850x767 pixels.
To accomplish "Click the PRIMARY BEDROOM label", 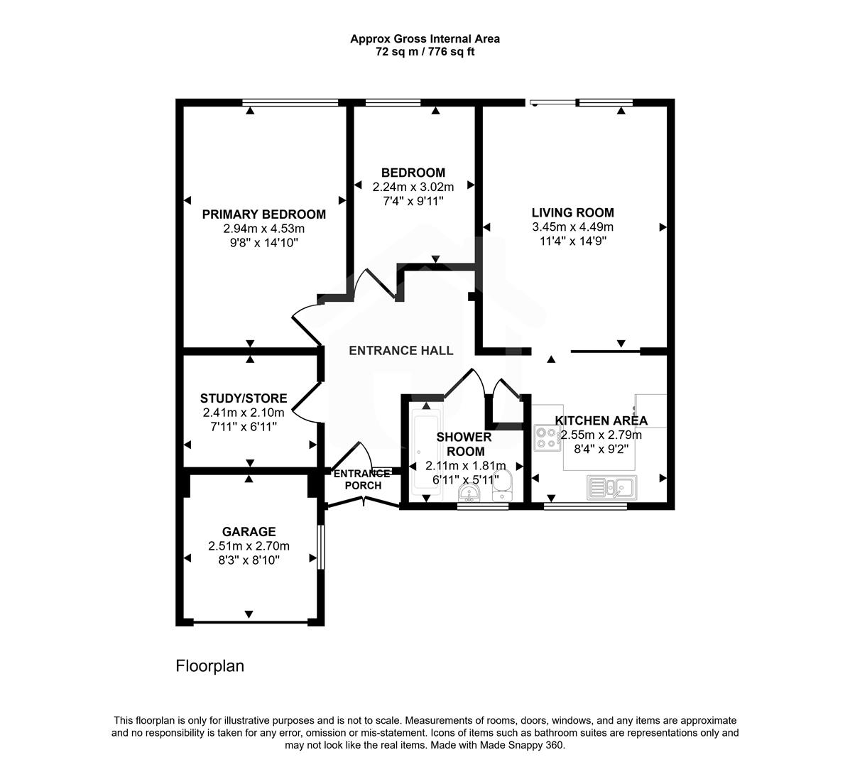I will pos(263,214).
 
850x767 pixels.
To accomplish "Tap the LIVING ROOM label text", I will pos(572,212).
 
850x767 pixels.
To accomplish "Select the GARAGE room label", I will pos(249,531).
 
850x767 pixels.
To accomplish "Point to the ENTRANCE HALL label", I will pos(401,350).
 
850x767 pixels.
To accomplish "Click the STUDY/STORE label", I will pos(244,398).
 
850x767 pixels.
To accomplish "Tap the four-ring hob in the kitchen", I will pos(547,437).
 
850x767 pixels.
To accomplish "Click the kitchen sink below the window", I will pos(611,488).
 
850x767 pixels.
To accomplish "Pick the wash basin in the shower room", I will pos(469,492).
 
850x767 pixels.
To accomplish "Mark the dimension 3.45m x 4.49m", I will pos(572,227).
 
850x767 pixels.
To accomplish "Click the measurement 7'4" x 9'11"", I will pos(413,201).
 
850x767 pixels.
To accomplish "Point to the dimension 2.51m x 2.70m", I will pos(249,546).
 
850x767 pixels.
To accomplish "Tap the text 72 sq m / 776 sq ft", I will pos(425,53).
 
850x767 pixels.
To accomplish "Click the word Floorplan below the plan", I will pos(209,666).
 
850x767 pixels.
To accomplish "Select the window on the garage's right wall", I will pos(321,547).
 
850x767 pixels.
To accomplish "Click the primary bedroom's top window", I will pos(290,103).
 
